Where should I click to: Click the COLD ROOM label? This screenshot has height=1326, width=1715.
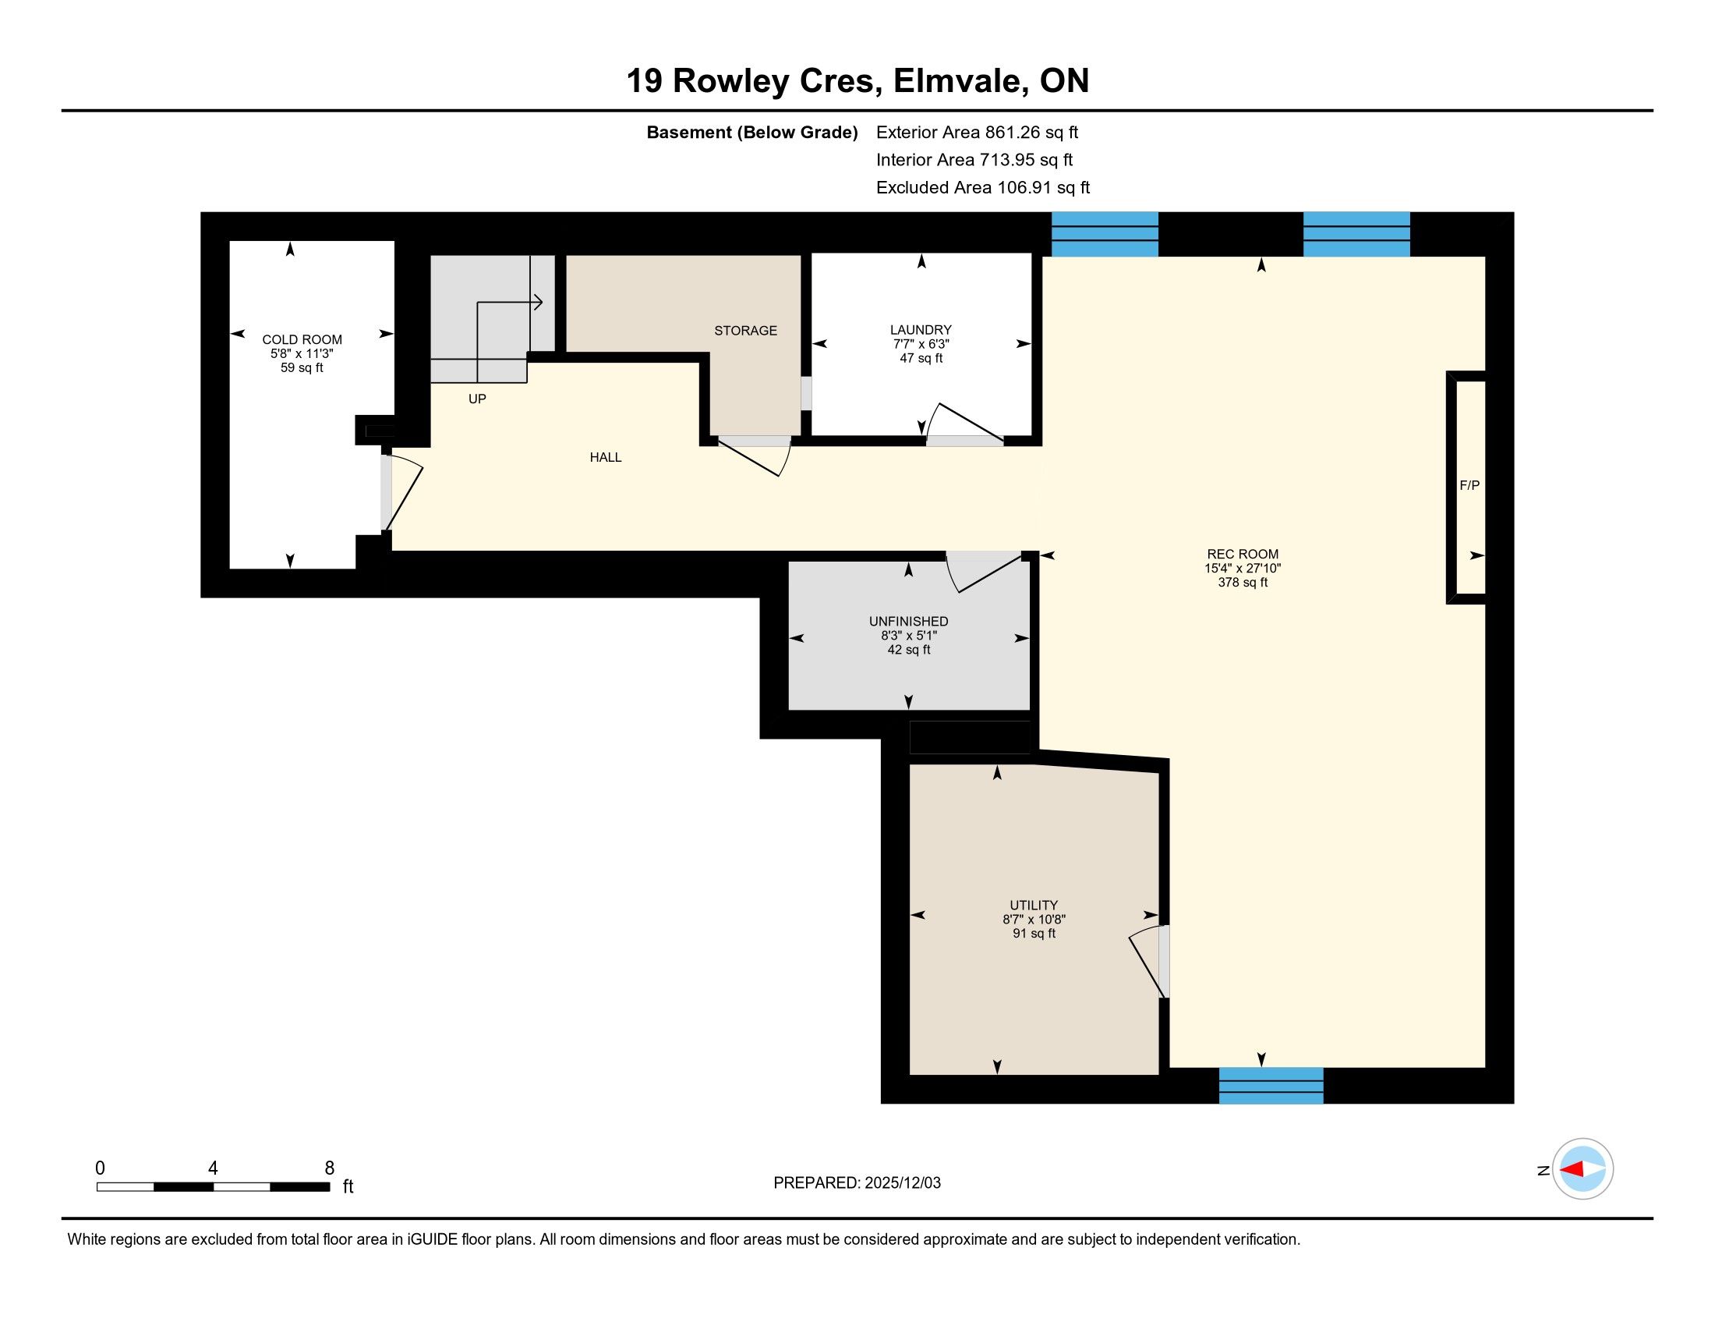302,339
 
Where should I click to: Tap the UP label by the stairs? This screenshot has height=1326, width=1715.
476,399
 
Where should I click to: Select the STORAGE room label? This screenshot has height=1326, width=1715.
745,331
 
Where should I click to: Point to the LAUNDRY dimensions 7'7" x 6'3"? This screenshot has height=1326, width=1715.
921,344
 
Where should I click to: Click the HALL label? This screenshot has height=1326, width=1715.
606,457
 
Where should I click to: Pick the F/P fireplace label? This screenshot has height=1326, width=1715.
1469,485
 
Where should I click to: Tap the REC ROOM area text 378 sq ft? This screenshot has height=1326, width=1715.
1243,582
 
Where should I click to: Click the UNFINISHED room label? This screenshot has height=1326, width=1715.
907,622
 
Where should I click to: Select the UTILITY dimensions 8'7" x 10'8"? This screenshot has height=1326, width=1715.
1034,919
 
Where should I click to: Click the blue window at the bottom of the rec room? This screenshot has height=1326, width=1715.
1271,1085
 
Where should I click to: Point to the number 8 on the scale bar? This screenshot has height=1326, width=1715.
329,1168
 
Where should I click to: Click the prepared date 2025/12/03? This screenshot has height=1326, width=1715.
902,1183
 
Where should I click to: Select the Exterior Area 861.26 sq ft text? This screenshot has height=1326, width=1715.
977,132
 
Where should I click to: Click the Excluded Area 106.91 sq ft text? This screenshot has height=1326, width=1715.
982,188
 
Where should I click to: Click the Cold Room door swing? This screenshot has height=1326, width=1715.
404,491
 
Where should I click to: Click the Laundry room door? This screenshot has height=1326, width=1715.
965,424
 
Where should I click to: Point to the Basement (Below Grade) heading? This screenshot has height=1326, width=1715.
751,133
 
